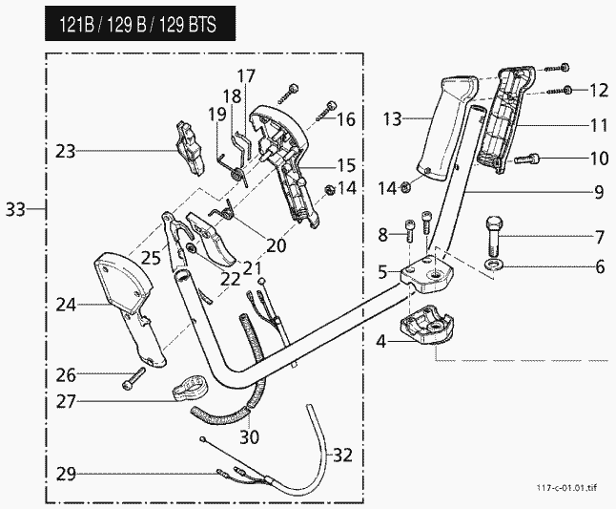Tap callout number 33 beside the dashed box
coord(16,207)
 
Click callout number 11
coord(599,125)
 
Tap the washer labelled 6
coord(494,264)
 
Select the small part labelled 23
coord(190,147)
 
